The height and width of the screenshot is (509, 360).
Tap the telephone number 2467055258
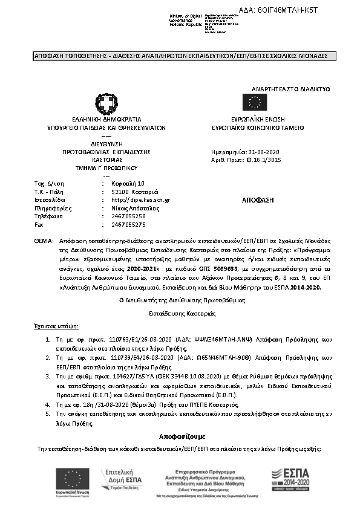coord(129,216)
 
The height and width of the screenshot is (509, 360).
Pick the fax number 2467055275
coord(129,224)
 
